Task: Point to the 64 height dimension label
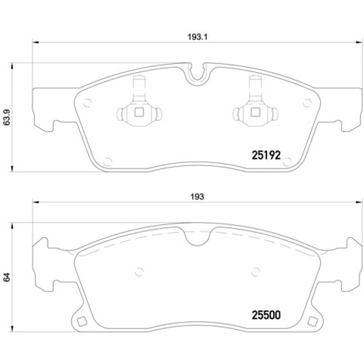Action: coord(9,277)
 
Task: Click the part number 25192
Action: coord(266,155)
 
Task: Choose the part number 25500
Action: coord(266,317)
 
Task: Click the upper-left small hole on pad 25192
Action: coord(87,102)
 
